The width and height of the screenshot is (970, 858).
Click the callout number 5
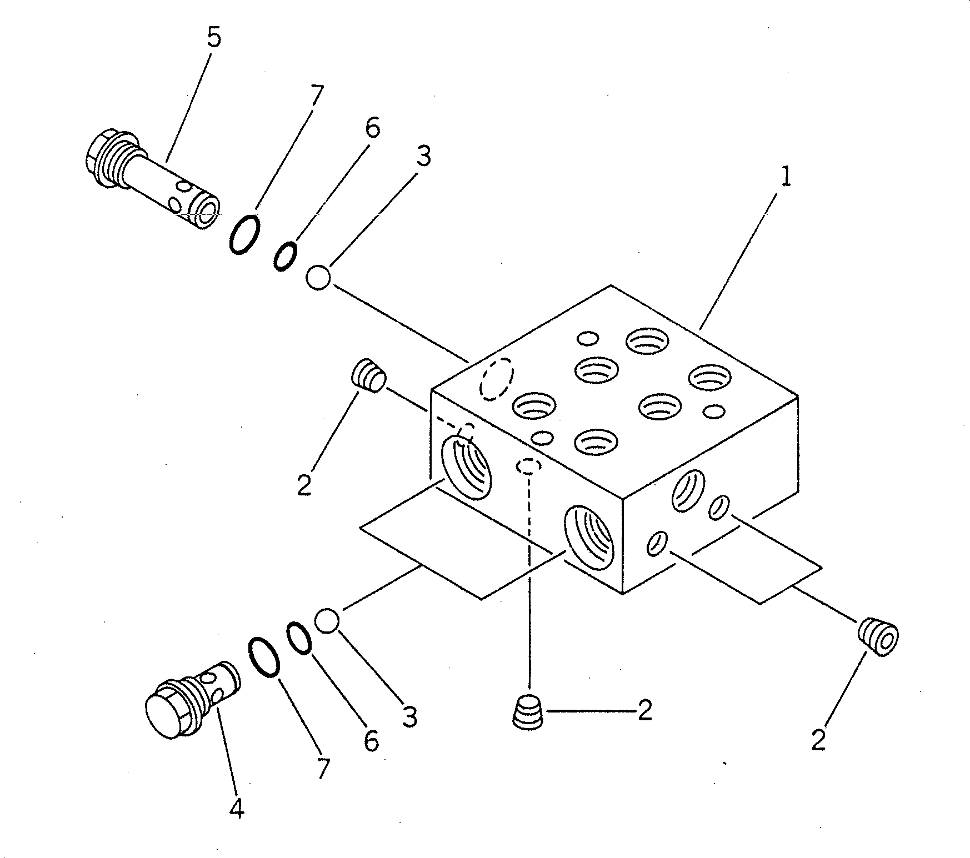[x=214, y=38]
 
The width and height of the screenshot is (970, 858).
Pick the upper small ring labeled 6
[x=284, y=256]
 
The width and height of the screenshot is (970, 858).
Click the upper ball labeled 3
[x=319, y=277]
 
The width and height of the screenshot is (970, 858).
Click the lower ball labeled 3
[x=327, y=620]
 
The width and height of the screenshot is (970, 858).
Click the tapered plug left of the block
[x=368, y=375]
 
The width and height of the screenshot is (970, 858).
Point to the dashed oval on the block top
[x=497, y=378]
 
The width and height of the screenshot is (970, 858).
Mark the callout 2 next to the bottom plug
[x=644, y=711]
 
